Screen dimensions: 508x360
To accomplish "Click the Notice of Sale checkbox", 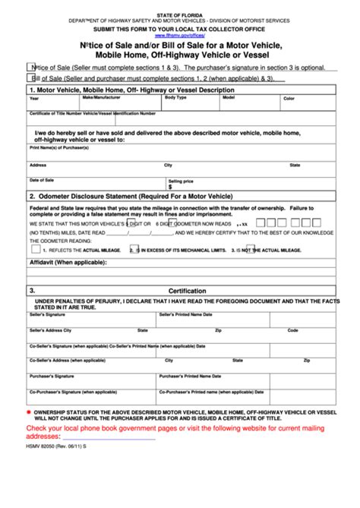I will (x=30, y=67).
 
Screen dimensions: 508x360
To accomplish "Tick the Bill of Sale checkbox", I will (x=30, y=77).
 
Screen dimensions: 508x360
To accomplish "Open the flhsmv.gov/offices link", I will (x=179, y=35).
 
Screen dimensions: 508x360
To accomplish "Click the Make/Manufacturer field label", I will (x=100, y=98).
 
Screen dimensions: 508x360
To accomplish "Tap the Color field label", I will (x=289, y=99).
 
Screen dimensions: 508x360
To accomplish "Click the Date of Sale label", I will (x=42, y=180).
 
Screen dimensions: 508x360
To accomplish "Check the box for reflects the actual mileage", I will (x=36, y=248).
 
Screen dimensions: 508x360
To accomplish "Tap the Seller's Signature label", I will (x=47, y=314).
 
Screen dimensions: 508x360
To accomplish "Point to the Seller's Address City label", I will (x=51, y=330).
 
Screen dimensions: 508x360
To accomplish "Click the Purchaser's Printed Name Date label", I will (x=191, y=376).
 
